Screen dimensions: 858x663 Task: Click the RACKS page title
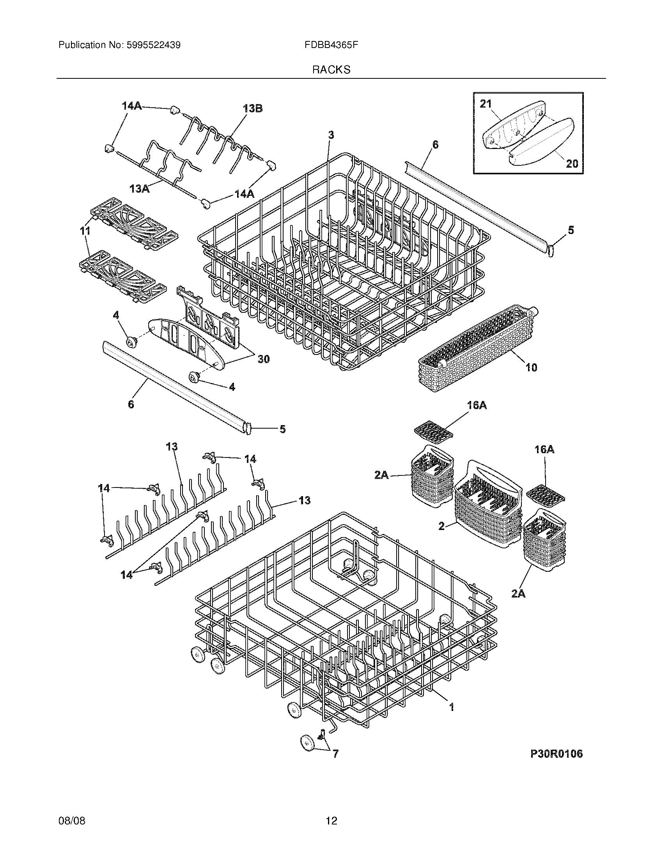[331, 70]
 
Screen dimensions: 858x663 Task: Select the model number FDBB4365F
[331, 45]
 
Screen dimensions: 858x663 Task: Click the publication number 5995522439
[153, 45]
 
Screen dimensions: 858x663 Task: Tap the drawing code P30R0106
[556, 753]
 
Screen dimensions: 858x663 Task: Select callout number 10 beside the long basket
[531, 368]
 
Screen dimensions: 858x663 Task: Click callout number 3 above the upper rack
[331, 135]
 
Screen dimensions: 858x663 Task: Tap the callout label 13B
[253, 108]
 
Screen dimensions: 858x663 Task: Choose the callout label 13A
[140, 189]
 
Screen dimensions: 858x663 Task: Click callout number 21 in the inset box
[486, 104]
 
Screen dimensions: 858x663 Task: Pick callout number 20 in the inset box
[571, 163]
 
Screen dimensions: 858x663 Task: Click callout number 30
[263, 359]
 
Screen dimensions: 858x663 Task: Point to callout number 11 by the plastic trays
[85, 231]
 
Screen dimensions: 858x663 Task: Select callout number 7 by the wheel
[335, 754]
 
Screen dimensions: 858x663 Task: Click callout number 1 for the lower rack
[452, 707]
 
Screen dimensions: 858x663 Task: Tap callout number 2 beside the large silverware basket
[441, 526]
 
